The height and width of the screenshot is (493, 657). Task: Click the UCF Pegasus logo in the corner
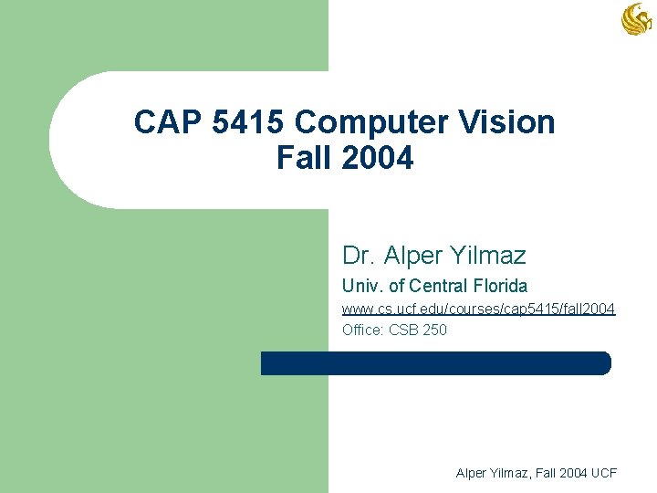pos(636,19)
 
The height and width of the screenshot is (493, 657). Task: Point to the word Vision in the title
pos(512,122)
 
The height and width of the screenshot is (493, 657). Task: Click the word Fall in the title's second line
pos(304,158)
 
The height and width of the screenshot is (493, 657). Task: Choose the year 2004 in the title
pos(378,158)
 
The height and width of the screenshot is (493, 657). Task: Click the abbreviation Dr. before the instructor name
pos(359,255)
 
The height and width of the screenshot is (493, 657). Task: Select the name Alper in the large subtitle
pos(410,255)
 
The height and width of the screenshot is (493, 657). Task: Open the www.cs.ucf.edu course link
pos(478,310)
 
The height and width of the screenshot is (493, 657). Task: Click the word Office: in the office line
pos(363,330)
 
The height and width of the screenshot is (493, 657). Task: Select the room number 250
pos(434,330)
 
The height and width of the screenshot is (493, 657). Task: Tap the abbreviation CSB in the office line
pos(402,330)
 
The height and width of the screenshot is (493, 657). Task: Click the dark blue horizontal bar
pos(435,363)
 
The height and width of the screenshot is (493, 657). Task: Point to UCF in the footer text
pos(603,473)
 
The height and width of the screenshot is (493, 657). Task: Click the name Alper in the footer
pos(473,473)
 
